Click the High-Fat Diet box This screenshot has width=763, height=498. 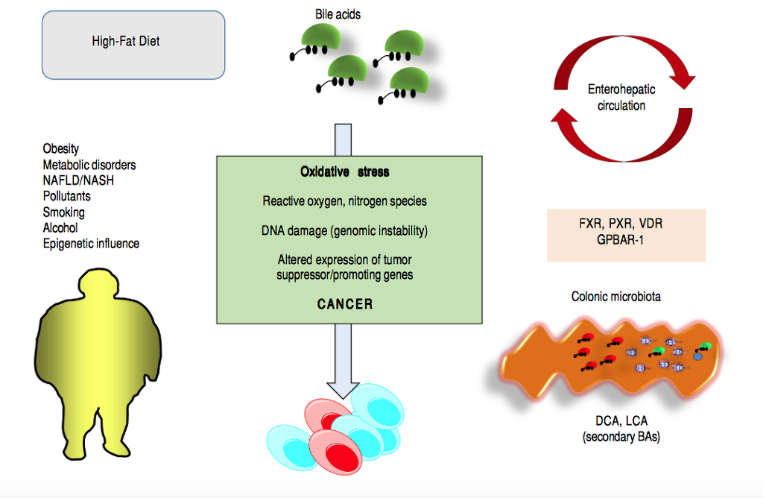tap(133, 44)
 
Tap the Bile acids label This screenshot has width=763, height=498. tap(338, 14)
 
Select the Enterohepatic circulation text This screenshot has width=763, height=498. tap(621, 98)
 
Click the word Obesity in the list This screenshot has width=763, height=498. tap(61, 149)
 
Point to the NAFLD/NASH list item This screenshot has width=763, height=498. tap(78, 180)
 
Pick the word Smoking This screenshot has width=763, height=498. tap(64, 212)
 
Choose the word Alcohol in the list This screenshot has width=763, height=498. tap(60, 228)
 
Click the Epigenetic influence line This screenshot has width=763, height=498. tap(91, 244)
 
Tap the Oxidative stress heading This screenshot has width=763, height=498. tap(344, 172)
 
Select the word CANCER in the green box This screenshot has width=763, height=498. tap(345, 304)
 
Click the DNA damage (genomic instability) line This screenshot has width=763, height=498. tap(344, 230)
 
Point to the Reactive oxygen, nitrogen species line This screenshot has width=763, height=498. tap(344, 201)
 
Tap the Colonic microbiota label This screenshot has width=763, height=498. tap(616, 297)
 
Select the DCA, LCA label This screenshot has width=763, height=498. tap(621, 422)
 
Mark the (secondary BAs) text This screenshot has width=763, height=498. tap(621, 438)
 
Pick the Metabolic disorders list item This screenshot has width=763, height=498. tap(89, 165)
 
